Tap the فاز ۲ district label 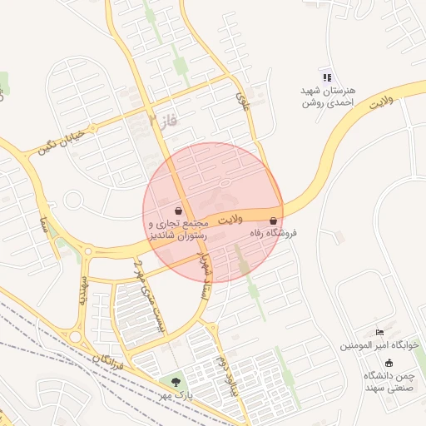pos(164,121)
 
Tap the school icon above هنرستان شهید pos(327,77)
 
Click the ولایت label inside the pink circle pos(230,220)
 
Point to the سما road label pos(42,225)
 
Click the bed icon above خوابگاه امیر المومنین pos(380,331)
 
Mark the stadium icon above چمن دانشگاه pos(389,362)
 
